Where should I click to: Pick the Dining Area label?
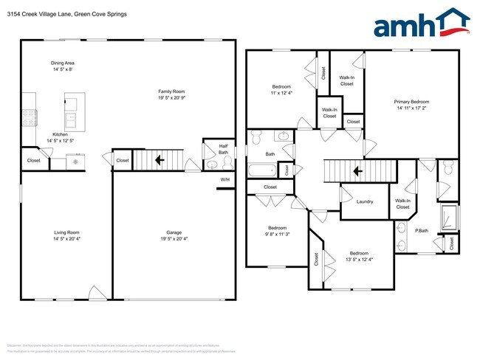click(63, 63)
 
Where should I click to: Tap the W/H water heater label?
click(225, 179)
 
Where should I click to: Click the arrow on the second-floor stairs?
click(357, 172)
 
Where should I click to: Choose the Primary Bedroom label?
click(411, 102)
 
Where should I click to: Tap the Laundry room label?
click(364, 201)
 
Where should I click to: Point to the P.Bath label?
click(422, 231)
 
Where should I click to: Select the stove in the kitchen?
click(29, 116)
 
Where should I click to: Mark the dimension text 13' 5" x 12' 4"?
click(360, 259)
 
